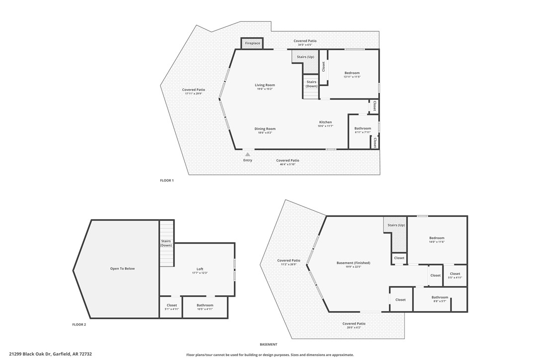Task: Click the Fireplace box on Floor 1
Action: pos(252,43)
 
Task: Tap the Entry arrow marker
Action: pos(248,155)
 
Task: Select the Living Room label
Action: pos(265,85)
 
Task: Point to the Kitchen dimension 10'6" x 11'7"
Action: pos(325,126)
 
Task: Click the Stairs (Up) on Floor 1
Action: pos(305,57)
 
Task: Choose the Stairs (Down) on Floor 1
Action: pos(311,85)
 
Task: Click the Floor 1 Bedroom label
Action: pos(352,73)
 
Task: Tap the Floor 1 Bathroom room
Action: pos(362,130)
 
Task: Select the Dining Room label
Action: pos(265,129)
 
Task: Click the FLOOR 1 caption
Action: pos(167,180)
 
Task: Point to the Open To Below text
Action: pos(122,269)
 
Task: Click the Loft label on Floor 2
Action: pos(197,269)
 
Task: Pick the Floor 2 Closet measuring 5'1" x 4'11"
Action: pos(172,307)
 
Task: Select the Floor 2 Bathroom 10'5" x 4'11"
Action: pos(205,307)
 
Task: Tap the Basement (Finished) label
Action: pos(353,263)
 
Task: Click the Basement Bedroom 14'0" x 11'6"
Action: pos(437,240)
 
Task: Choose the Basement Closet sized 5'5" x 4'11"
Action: pos(455,275)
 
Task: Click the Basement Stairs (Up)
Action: pos(395,225)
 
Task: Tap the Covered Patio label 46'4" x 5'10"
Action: pos(287,162)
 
